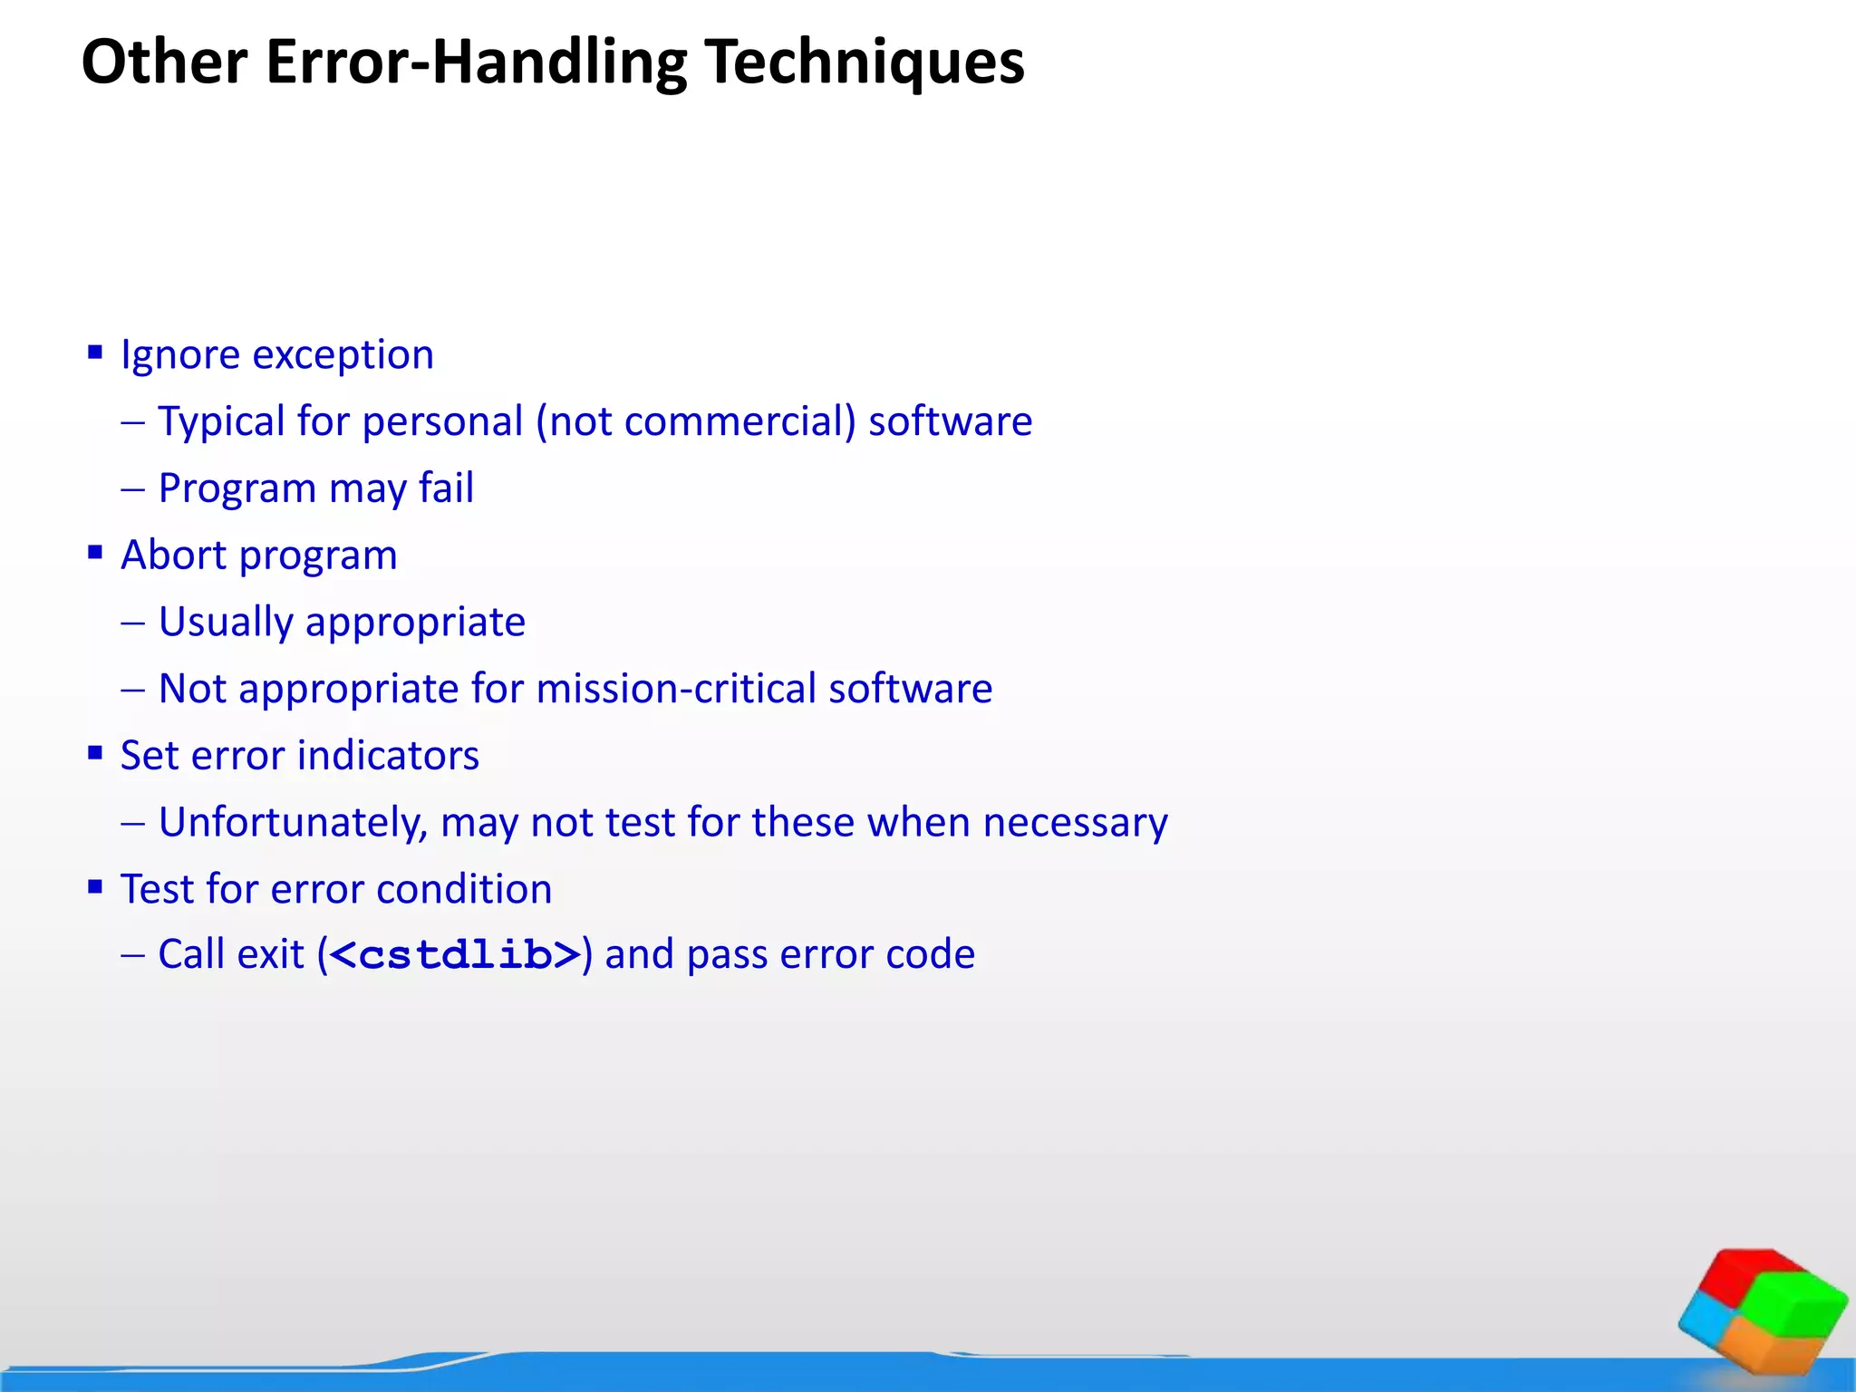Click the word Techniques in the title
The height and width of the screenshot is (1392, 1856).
[x=865, y=62]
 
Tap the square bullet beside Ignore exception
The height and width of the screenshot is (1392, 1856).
[x=95, y=352]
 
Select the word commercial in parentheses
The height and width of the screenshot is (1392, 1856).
[x=739, y=421]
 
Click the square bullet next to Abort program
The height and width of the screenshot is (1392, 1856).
[x=95, y=552]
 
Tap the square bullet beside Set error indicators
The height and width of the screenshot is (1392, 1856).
[x=95, y=752]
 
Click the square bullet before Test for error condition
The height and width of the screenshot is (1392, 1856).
[x=95, y=886]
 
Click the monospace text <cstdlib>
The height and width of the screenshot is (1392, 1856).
[x=455, y=955]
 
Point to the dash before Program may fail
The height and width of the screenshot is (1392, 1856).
[x=132, y=488]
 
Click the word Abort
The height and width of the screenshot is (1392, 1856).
[x=173, y=555]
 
